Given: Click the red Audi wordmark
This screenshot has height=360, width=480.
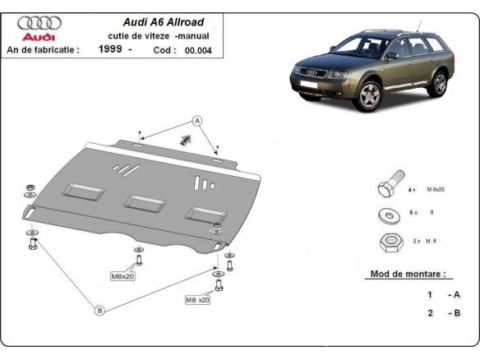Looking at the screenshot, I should pyautogui.click(x=39, y=38).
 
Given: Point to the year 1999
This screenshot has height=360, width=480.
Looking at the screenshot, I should pyautogui.click(x=108, y=50).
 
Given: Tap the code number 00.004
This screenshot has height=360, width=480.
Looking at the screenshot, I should pyautogui.click(x=198, y=50).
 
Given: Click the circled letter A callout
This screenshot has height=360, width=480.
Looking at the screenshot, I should pyautogui.click(x=197, y=121).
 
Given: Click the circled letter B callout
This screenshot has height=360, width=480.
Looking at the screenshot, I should pyautogui.click(x=99, y=310).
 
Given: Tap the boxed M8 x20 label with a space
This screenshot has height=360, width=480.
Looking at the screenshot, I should pyautogui.click(x=197, y=300).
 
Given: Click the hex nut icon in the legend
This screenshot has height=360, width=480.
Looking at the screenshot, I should pyautogui.click(x=388, y=242).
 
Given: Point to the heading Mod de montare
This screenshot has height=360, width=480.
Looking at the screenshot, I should pyautogui.click(x=408, y=274).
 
